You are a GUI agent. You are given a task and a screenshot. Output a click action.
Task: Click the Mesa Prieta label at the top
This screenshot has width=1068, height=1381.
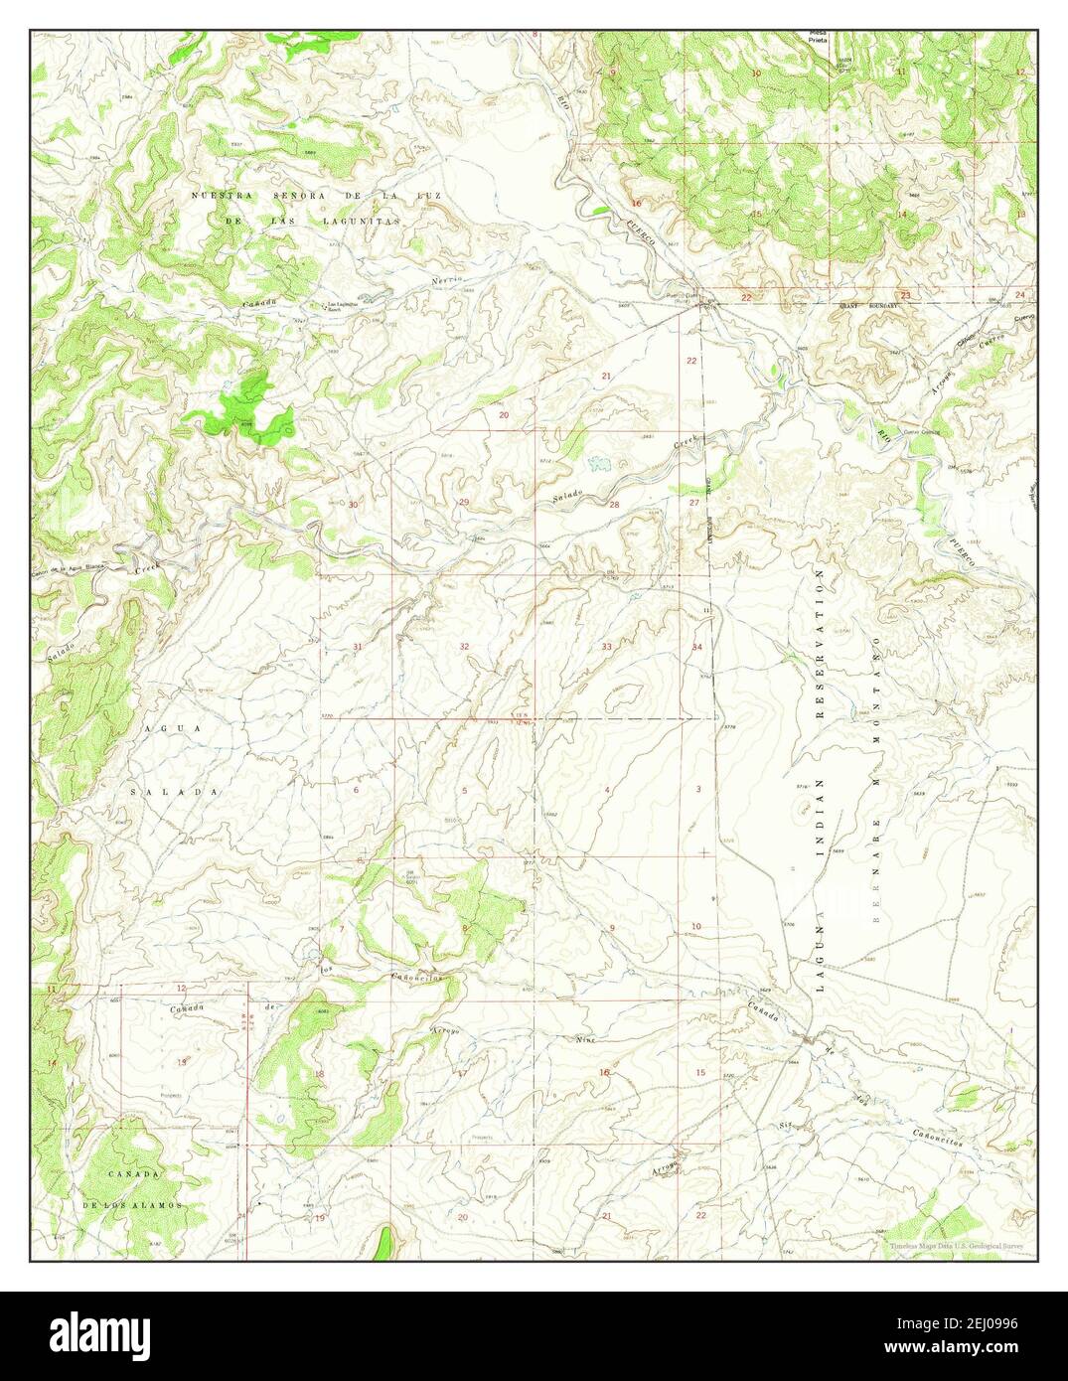coord(818,38)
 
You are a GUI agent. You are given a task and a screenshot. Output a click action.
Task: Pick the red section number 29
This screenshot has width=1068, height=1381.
coord(463,503)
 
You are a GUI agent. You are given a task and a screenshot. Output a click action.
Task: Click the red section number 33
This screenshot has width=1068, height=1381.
coord(606,647)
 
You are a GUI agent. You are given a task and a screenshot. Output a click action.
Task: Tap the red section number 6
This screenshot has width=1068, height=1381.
coord(356,790)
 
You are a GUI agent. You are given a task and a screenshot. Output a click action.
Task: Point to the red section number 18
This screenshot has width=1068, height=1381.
coord(319,1074)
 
